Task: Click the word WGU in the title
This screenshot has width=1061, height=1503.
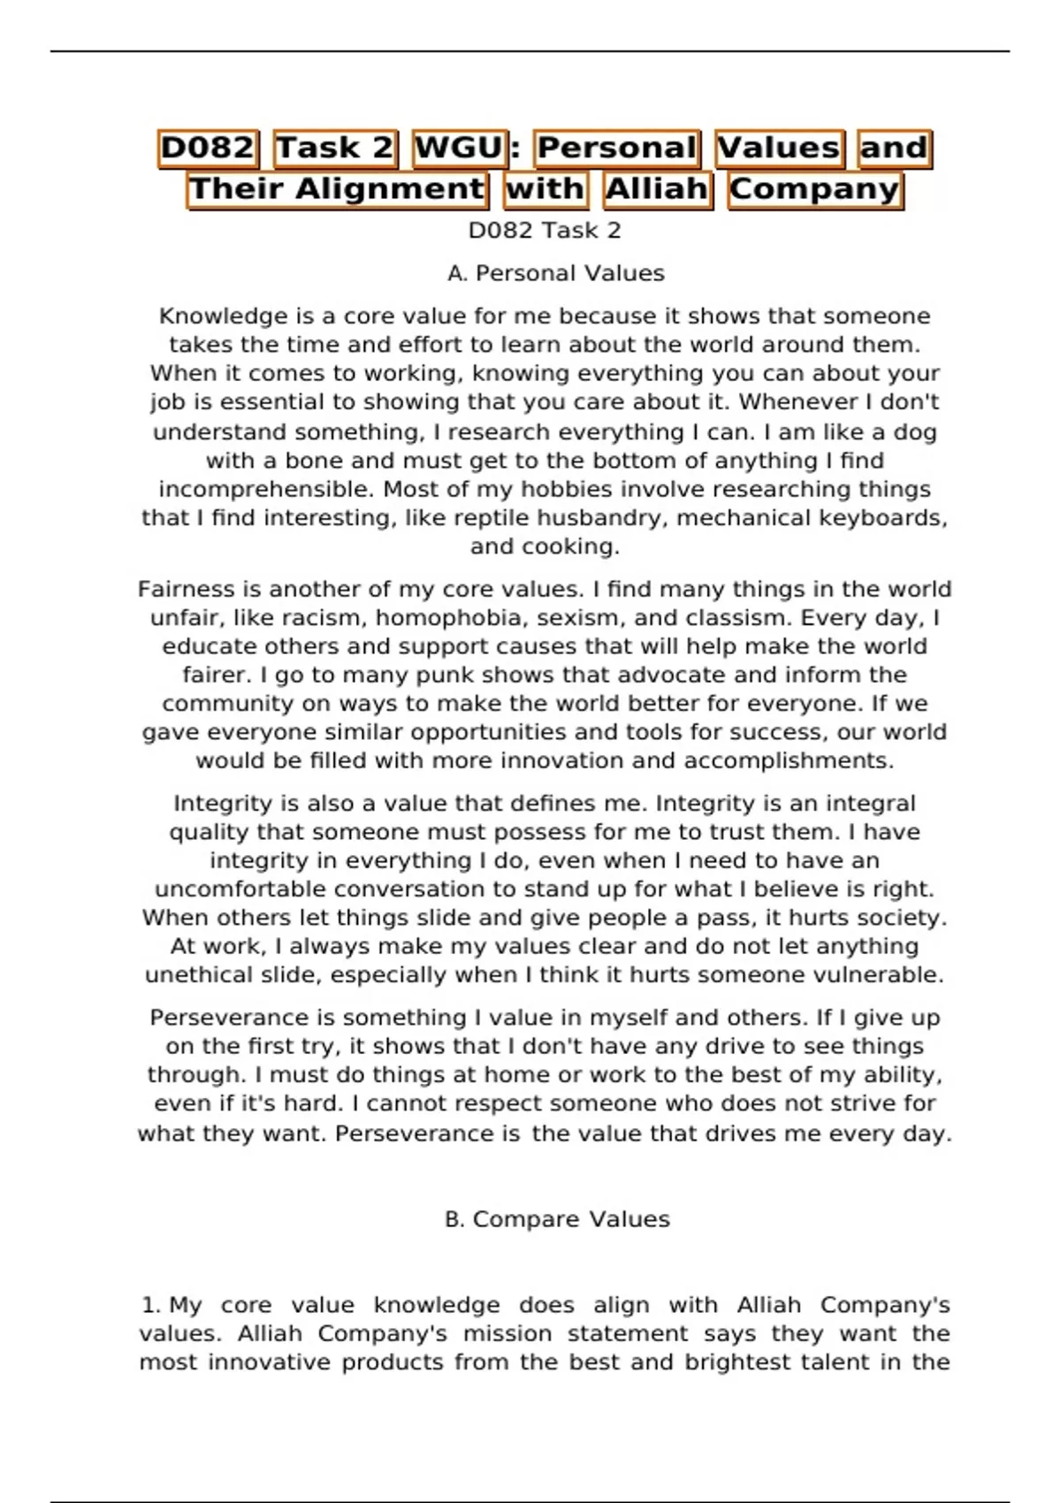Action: point(458,148)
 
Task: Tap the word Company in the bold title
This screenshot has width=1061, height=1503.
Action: point(814,189)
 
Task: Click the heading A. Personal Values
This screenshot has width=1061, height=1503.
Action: point(556,274)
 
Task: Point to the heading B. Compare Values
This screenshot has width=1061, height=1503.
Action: point(557,1219)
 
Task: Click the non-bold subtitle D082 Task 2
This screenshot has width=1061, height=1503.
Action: point(545,231)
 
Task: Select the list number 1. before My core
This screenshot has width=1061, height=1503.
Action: point(151,1305)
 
